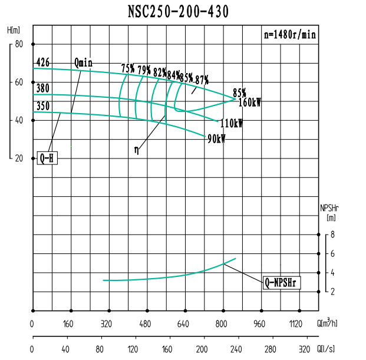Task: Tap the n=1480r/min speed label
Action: tap(289, 35)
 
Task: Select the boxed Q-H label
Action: tap(47, 158)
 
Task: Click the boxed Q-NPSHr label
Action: tap(282, 283)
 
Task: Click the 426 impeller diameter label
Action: tap(42, 62)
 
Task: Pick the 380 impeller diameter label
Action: tap(42, 88)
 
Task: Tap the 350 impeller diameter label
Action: tap(42, 106)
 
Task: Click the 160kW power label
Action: tap(249, 103)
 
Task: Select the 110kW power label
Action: tap(231, 124)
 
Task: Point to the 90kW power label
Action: tap(216, 139)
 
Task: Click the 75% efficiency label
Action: tap(127, 68)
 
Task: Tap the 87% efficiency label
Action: tap(202, 80)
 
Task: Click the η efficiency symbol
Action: tap(137, 150)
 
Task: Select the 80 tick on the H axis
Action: tap(19, 44)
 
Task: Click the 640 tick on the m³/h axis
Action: tap(183, 323)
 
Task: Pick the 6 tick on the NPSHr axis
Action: tap(332, 253)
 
